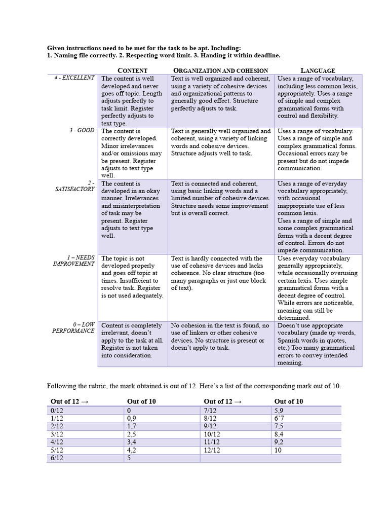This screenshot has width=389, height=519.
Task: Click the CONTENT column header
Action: click(x=132, y=70)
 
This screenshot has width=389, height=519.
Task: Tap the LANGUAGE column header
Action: click(x=318, y=70)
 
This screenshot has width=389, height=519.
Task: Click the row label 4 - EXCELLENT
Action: click(x=74, y=78)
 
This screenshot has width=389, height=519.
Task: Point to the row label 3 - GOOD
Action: click(x=82, y=130)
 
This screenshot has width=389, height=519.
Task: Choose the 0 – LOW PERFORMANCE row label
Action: click(x=73, y=327)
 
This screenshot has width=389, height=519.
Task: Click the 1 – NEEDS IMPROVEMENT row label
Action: click(x=74, y=261)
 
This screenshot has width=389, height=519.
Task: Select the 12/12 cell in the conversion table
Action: click(x=211, y=450)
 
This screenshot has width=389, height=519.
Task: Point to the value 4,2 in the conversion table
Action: click(x=132, y=450)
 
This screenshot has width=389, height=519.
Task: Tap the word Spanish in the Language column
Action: click(x=289, y=341)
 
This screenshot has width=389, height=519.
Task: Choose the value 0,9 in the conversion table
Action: click(x=132, y=418)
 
